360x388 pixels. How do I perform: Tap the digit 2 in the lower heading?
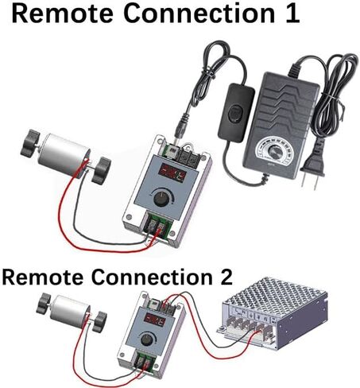(x=225, y=277)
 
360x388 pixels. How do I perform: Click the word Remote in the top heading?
(x=63, y=13)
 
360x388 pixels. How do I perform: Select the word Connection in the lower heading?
(x=152, y=277)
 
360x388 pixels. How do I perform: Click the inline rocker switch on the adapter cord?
(x=236, y=111)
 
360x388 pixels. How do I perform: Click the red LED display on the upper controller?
(x=172, y=173)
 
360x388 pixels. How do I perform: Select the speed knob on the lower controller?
(x=146, y=339)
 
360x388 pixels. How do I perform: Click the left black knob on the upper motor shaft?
(x=30, y=144)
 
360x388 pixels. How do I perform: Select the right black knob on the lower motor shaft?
(x=99, y=322)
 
